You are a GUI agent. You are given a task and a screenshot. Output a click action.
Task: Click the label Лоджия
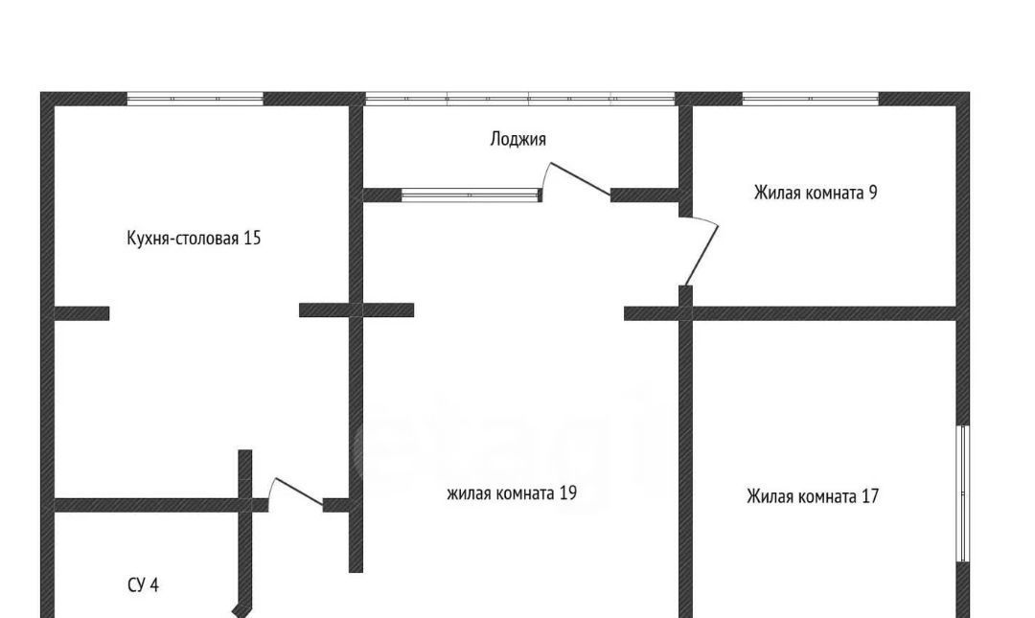518,139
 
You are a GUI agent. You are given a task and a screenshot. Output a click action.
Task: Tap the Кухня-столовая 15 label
194,238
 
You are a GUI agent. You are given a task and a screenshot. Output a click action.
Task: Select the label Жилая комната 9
816,193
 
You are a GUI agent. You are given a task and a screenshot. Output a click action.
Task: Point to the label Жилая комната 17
813,496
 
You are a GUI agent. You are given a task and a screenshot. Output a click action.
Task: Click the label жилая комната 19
512,493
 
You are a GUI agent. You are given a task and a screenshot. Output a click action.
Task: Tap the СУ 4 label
143,585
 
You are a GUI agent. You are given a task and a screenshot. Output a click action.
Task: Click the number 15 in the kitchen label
253,238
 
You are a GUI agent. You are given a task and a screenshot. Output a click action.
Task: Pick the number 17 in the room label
870,496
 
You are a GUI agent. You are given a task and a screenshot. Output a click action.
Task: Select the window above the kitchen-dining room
195,99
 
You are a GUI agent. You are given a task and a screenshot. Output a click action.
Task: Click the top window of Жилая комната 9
811,99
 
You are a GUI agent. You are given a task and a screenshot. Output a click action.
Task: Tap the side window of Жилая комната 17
964,493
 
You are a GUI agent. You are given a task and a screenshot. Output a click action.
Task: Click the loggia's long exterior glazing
520,99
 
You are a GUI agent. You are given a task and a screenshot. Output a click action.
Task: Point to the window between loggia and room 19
471,195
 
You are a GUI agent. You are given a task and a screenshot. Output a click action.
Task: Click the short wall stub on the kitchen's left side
81,313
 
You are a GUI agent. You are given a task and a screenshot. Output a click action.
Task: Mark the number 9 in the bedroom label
873,193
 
